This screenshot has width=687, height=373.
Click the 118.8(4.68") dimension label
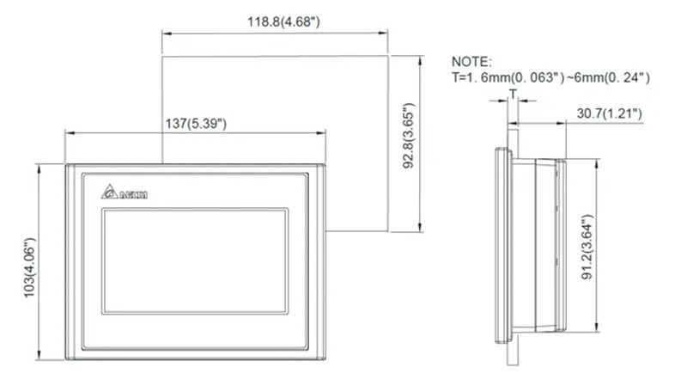(x=274, y=21)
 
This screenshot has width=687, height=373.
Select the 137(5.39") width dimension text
(x=195, y=123)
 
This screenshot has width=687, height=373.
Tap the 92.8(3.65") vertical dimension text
(x=410, y=144)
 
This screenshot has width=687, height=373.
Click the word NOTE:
(x=472, y=62)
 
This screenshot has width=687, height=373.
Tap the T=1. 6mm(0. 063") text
(x=507, y=77)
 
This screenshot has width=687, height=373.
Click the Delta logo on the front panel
(x=124, y=193)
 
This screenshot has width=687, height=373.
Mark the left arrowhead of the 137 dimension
(x=68, y=132)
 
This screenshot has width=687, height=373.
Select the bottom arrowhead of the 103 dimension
(x=40, y=355)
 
